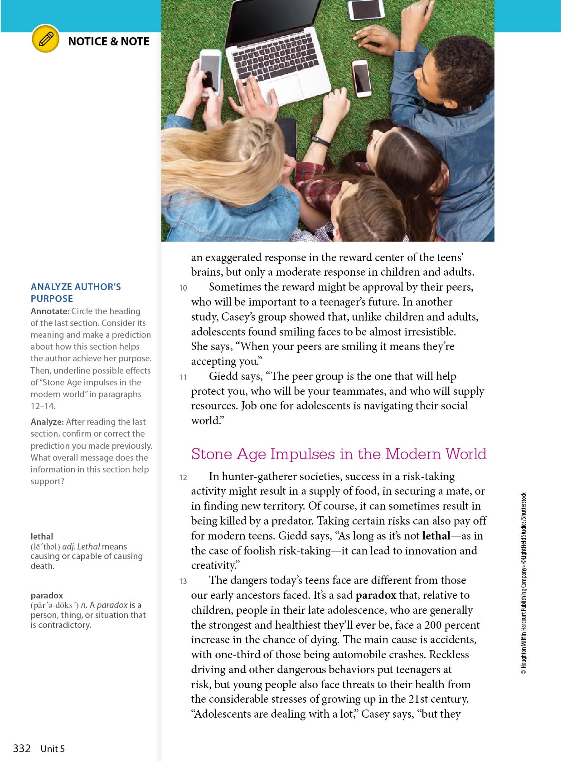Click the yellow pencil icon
pos(46,39)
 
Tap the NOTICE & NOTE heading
pos(109,41)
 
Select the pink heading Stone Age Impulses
pos(339,454)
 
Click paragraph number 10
pos(183,288)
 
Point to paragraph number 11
pos(183,377)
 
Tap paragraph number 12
pos(183,477)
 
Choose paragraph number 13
pos(183,581)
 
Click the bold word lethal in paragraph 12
pos(436,536)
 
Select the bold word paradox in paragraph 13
pos(376,595)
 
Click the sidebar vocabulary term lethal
pos(42,536)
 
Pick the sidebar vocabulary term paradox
pos(47,595)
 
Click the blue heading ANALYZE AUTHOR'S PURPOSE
pos(76,292)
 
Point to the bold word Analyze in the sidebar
pos(47,422)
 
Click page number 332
pos(22,748)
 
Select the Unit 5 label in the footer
pos(53,749)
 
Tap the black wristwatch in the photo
pos(321,141)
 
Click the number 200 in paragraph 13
pos(433,625)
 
